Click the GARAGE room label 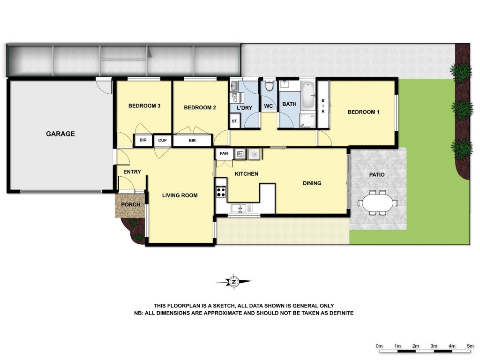(60, 134)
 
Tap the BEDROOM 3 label (144, 106)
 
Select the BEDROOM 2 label (200, 108)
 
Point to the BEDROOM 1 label (363, 112)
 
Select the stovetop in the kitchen (220, 191)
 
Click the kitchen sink (242, 207)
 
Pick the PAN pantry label (224, 153)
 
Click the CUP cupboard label (163, 140)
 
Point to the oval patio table (376, 203)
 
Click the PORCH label (131, 205)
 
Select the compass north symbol (233, 282)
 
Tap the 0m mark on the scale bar (380, 346)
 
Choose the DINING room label (312, 183)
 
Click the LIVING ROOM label (180, 195)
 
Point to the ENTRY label (132, 172)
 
